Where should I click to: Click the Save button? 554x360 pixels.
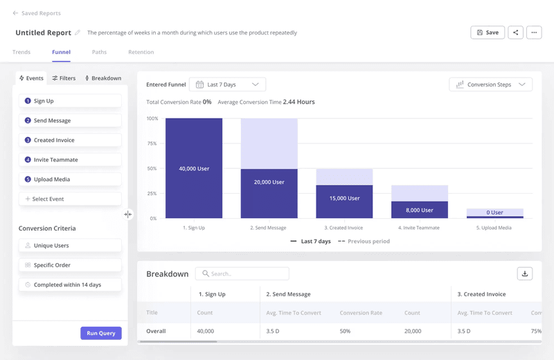click(488, 33)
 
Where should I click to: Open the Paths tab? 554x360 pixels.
click(99, 52)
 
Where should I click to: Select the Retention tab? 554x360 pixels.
click(141, 52)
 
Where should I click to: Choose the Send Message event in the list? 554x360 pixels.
click(70, 120)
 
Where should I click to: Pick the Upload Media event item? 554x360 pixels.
click(70, 179)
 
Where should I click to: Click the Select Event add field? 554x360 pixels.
click(70, 199)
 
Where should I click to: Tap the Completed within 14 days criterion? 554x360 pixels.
click(70, 285)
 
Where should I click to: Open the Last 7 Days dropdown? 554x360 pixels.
click(228, 84)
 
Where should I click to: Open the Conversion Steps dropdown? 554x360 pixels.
click(490, 84)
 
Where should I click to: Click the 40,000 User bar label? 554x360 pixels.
click(194, 169)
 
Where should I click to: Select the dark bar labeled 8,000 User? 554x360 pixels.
click(420, 210)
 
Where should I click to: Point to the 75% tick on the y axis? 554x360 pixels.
click(152, 143)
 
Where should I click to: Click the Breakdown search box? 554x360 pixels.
click(242, 273)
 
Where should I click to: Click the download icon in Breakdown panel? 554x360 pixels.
click(525, 273)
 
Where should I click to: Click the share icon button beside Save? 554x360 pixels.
click(515, 33)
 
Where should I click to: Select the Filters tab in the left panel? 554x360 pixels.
click(64, 78)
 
